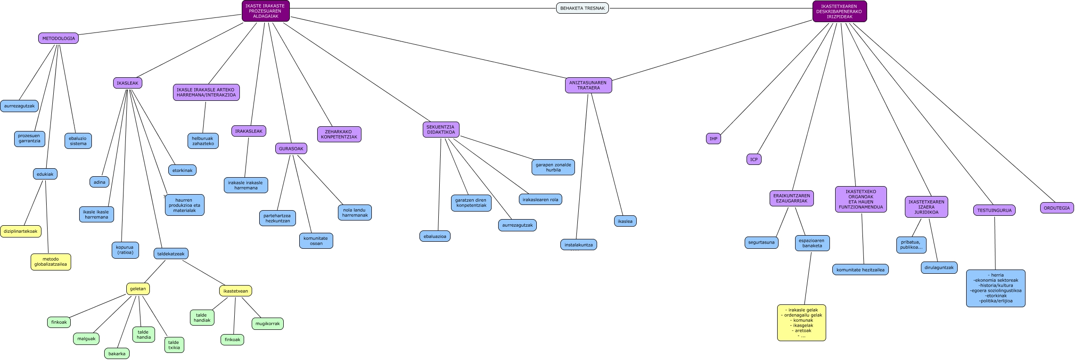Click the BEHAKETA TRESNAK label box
tap(583, 8)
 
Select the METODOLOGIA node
tap(58, 38)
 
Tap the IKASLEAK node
tap(128, 83)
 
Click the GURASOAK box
tap(291, 148)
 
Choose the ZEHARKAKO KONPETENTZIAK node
tap(339, 134)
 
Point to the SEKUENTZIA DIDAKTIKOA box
tap(441, 130)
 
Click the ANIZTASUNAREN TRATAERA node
tap(588, 85)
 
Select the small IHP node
tap(714, 139)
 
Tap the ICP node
tap(754, 159)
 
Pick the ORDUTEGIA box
tap(1057, 208)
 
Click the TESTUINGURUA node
tap(994, 210)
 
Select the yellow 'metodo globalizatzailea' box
tap(51, 262)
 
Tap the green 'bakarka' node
tap(117, 353)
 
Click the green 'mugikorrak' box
tap(268, 324)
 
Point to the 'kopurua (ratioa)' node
tap(125, 250)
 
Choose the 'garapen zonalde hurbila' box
tap(553, 167)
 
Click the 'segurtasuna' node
tap(762, 242)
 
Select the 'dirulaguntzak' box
tap(939, 268)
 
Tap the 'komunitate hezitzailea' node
tap(861, 270)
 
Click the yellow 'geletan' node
tap(138, 289)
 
